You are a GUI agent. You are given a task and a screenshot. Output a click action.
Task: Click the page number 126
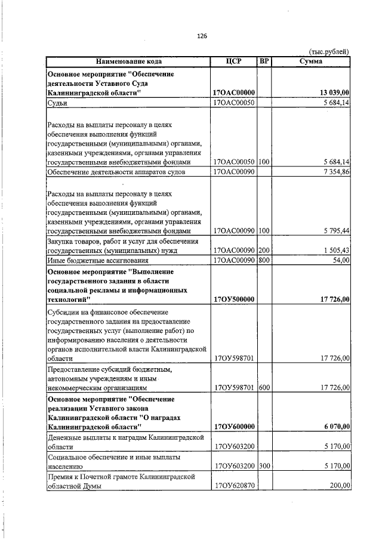click(202, 36)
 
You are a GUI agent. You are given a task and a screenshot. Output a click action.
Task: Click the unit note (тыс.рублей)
click(329, 52)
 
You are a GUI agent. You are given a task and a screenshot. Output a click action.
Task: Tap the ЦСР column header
click(233, 61)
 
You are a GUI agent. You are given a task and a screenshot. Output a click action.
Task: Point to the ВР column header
click(264, 61)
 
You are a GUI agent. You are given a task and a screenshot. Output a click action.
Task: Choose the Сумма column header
click(311, 61)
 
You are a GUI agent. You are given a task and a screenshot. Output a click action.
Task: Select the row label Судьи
click(57, 103)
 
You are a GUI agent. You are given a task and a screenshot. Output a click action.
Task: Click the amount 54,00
click(340, 260)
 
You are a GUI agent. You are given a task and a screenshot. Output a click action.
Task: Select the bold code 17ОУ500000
click(234, 299)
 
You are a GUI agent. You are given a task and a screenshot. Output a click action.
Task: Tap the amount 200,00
click(338, 486)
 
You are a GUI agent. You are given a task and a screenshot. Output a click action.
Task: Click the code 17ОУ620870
click(234, 486)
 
